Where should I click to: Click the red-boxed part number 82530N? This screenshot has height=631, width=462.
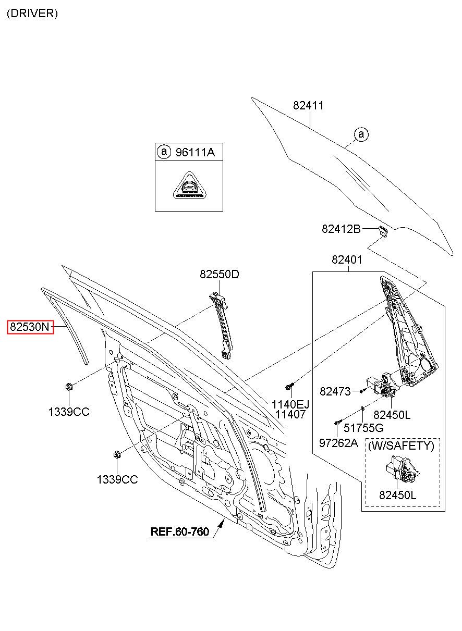[x=30, y=327]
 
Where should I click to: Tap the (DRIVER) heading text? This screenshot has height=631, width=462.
[x=32, y=14]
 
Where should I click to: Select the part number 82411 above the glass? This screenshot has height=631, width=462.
[x=308, y=105]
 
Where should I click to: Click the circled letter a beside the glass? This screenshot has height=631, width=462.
[x=361, y=134]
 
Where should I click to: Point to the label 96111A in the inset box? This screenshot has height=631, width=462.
[x=195, y=152]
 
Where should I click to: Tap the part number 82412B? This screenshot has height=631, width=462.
[x=341, y=229]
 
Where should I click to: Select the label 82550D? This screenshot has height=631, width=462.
[x=220, y=274]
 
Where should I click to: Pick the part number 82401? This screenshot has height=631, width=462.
[x=347, y=259]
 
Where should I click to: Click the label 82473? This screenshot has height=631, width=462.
[x=335, y=391]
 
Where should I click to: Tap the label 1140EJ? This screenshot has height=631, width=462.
[x=290, y=405]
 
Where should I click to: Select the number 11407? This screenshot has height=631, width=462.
[x=290, y=414]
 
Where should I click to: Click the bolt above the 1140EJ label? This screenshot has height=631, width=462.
[x=289, y=387]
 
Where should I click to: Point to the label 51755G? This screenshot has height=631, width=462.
[x=363, y=428]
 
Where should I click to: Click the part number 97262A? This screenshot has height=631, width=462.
[x=338, y=443]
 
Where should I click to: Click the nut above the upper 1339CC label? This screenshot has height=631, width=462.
[x=69, y=387]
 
